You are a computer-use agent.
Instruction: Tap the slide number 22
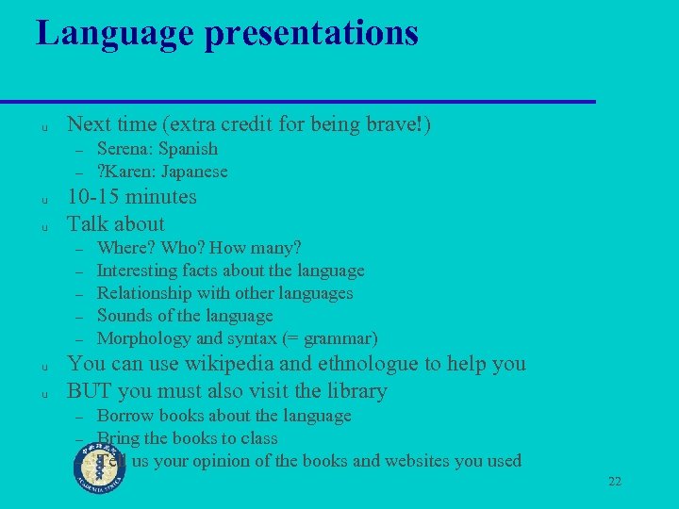(615, 482)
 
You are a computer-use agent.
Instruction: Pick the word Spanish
(188, 149)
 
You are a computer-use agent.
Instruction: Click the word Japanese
(194, 172)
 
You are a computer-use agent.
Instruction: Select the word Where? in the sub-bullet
(126, 248)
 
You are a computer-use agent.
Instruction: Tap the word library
(355, 390)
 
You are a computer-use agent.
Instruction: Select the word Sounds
(124, 316)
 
